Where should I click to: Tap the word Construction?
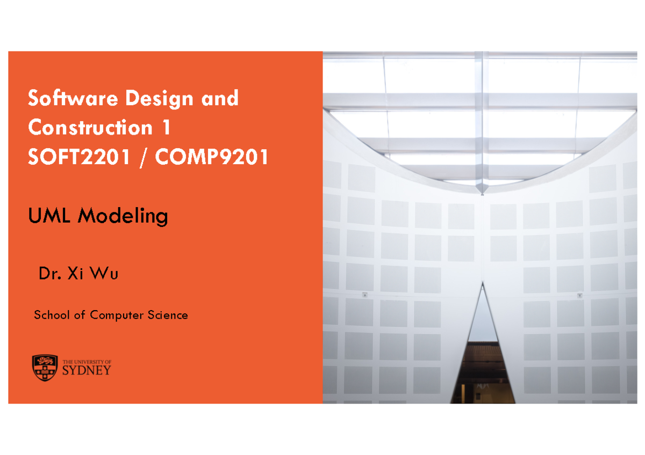pyautogui.click(x=90, y=128)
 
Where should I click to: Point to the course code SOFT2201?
pyautogui.click(x=78, y=158)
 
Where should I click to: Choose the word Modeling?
pyautogui.click(x=123, y=217)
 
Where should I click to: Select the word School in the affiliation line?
pyautogui.click(x=52, y=315)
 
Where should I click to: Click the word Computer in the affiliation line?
pyautogui.click(x=113, y=315)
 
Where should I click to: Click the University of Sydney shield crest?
pyautogui.click(x=44, y=368)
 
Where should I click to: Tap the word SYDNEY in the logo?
pyautogui.click(x=87, y=371)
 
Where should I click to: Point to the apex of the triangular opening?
pyautogui.click(x=483, y=284)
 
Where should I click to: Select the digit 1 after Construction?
pyautogui.click(x=167, y=128)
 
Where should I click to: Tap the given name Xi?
pyautogui.click(x=73, y=275)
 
